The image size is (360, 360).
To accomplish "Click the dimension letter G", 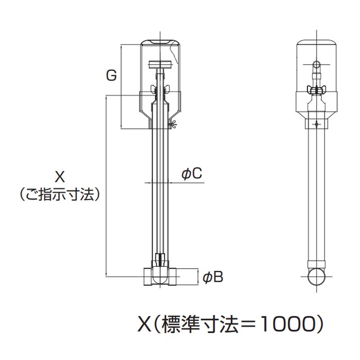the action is pyautogui.click(x=112, y=75).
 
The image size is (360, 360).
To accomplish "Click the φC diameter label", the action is pyautogui.click(x=192, y=173).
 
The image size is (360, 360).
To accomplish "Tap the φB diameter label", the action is pyautogui.click(x=213, y=277).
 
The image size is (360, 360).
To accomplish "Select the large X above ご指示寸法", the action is pyautogui.click(x=60, y=177).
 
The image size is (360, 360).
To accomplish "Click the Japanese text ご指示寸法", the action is pyautogui.click(x=60, y=195).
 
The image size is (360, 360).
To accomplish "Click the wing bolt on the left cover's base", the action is pyautogui.click(x=173, y=125).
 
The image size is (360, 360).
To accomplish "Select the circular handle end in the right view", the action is pyautogui.click(x=317, y=64).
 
